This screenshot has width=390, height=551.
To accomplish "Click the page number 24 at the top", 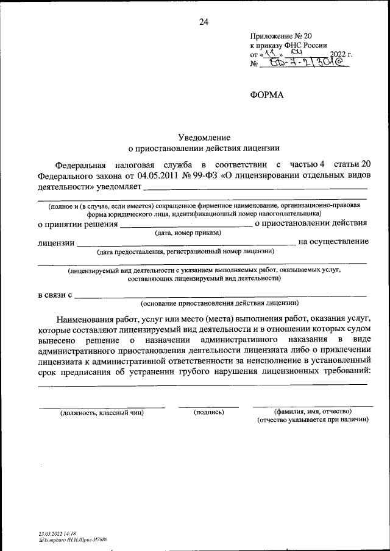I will point(204,23).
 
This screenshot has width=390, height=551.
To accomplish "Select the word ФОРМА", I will point(267,94).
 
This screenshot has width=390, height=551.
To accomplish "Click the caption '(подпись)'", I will point(208,412).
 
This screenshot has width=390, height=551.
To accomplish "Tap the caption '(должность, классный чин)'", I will point(102,413).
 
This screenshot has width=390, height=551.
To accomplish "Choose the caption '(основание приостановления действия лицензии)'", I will point(219,303).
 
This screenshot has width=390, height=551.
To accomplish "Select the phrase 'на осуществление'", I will point(334,242).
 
